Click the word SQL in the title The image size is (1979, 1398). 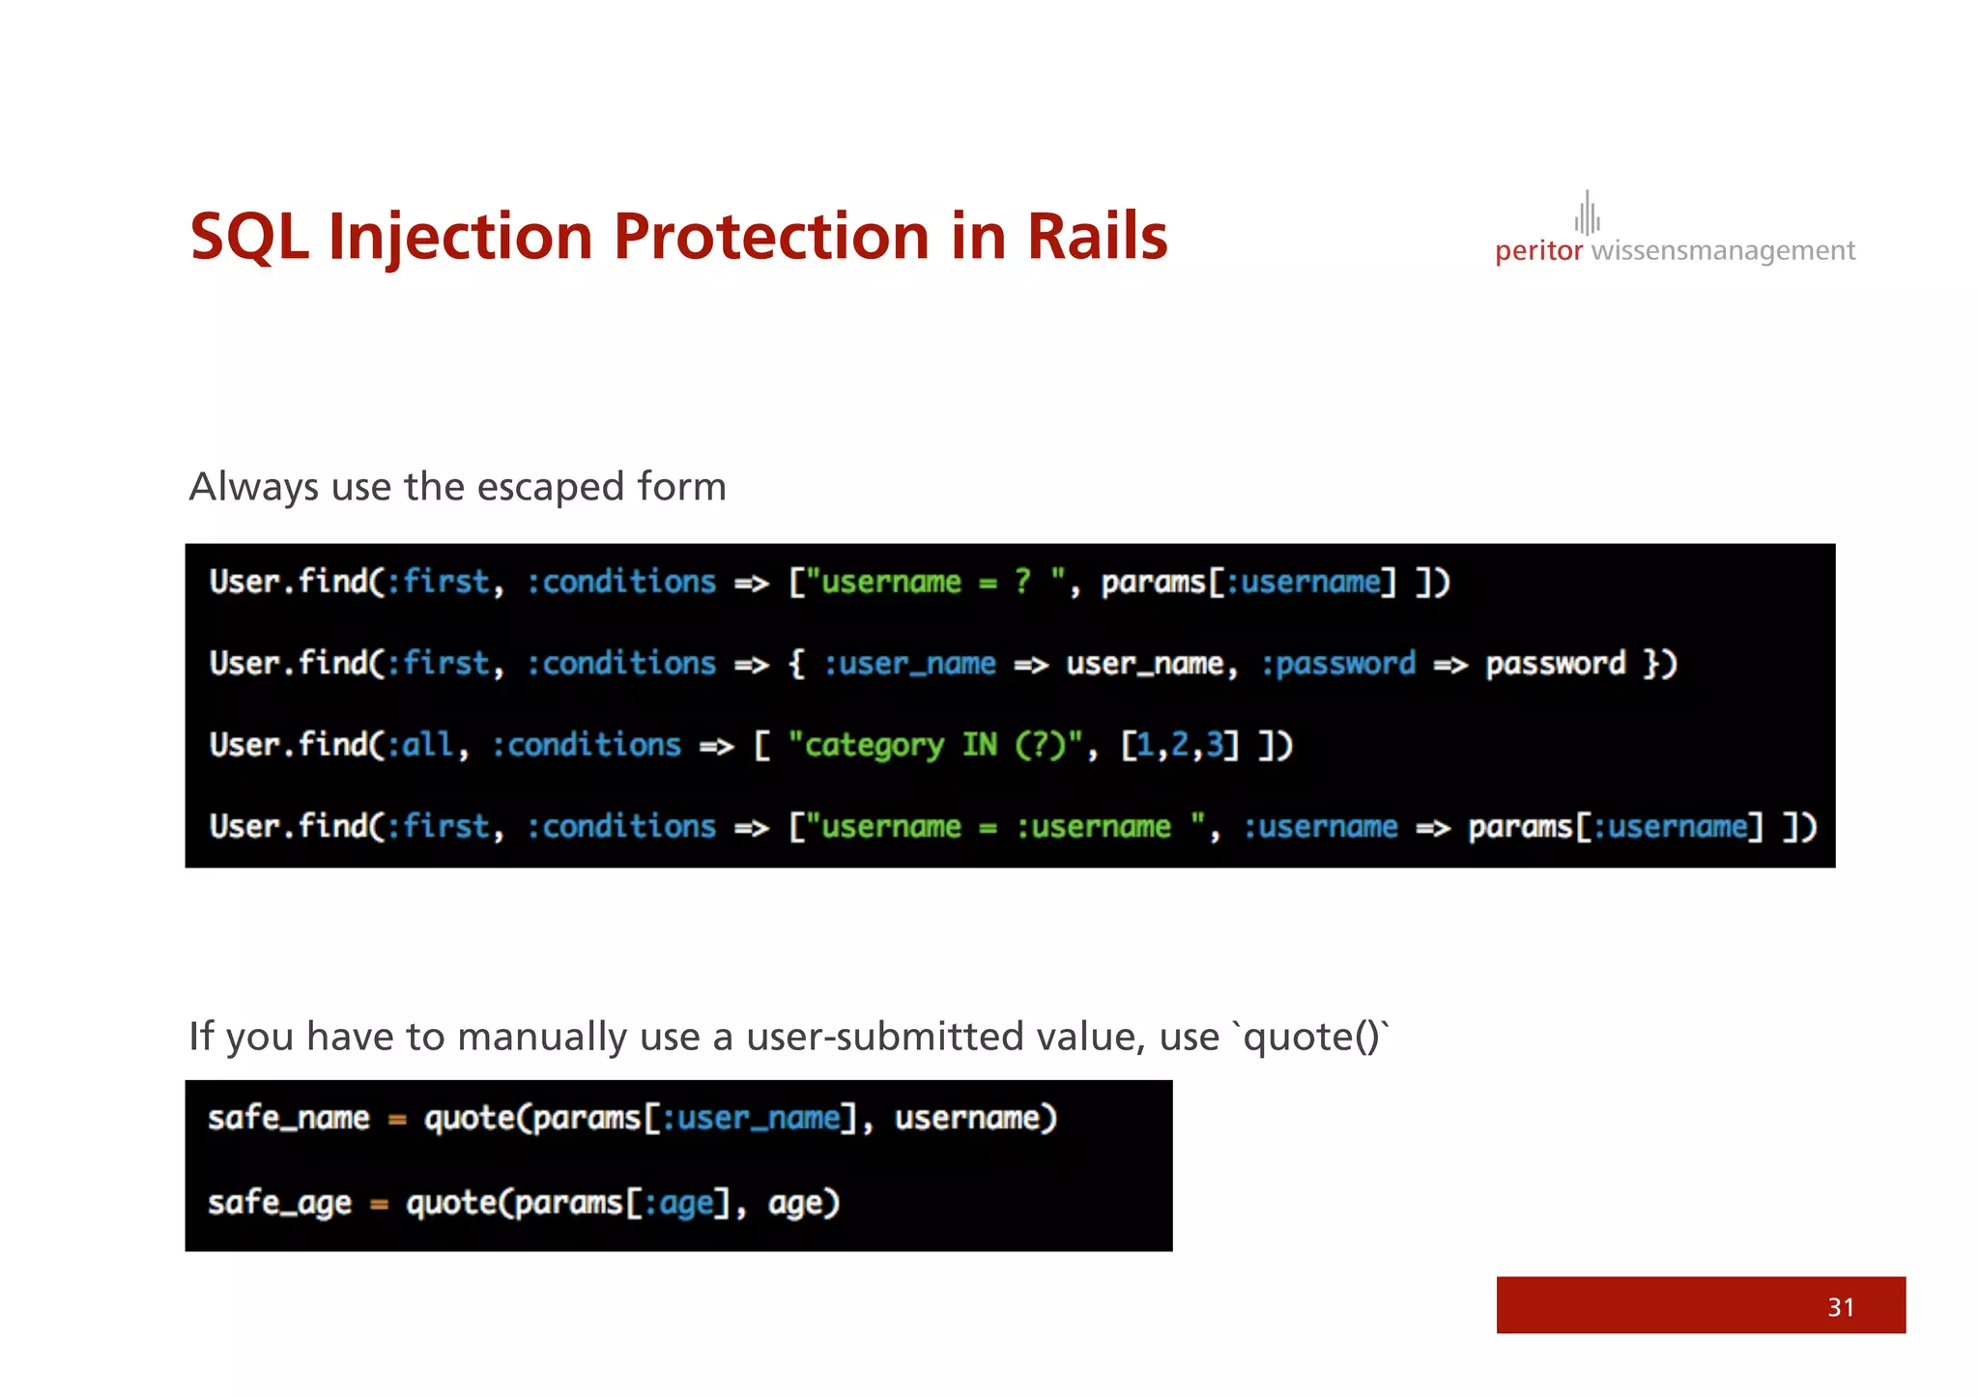[x=249, y=238]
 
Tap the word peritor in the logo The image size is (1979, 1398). [x=1538, y=251]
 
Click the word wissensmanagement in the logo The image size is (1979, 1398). [x=1723, y=251]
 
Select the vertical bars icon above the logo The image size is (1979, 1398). [x=1587, y=214]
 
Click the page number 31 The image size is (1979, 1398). [x=1841, y=1307]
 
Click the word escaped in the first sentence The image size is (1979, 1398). [x=551, y=487]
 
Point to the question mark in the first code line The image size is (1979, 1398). [x=1022, y=582]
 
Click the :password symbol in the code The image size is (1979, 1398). [x=1338, y=664]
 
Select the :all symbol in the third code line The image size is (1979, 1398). [x=419, y=745]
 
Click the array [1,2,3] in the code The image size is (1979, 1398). [x=1179, y=745]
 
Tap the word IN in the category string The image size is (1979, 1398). [x=979, y=745]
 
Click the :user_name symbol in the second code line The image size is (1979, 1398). [x=909, y=664]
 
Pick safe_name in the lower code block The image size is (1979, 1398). [x=288, y=1118]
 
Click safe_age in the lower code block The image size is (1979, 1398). [x=279, y=1203]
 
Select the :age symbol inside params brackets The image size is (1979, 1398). [x=678, y=1203]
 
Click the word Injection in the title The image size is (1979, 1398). [x=460, y=238]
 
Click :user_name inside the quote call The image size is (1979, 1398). [x=751, y=1118]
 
